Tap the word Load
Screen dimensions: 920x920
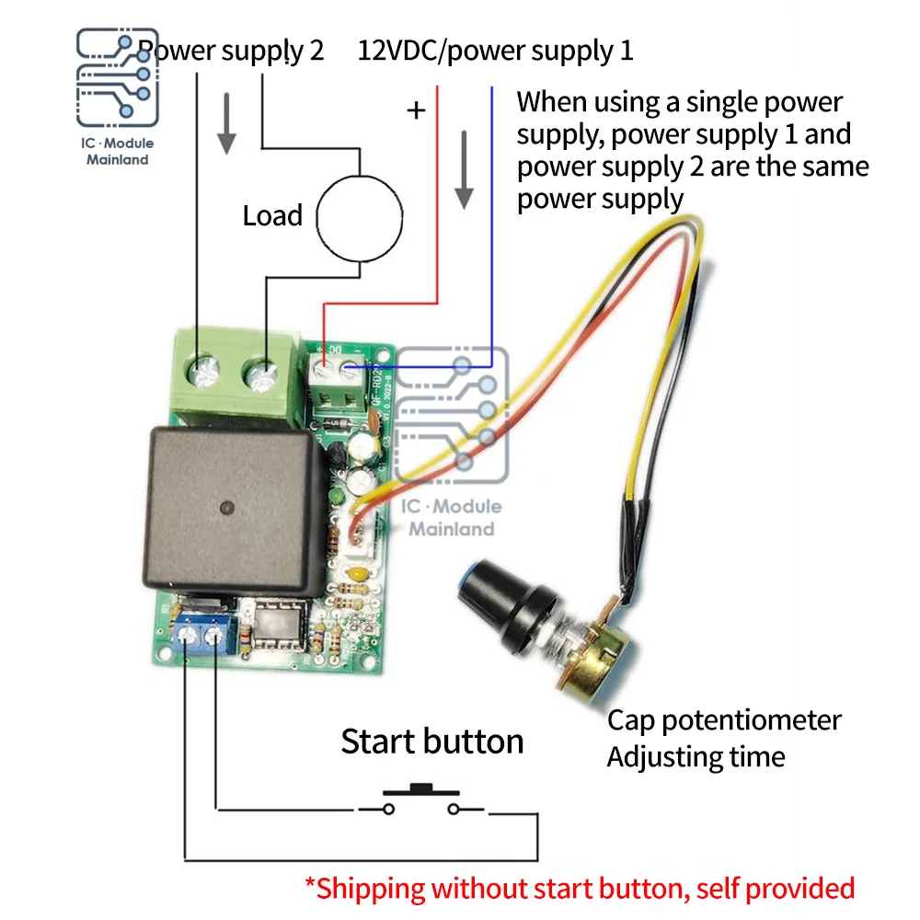pos(272,216)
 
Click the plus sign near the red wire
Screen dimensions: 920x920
pos(417,111)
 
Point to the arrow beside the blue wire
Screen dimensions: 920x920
pos(465,170)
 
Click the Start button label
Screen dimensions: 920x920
pos(431,742)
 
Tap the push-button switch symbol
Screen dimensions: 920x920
pos(421,800)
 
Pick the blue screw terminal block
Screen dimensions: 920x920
pos(201,631)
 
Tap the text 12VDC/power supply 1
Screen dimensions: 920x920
pos(495,50)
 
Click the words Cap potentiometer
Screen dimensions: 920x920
pos(724,719)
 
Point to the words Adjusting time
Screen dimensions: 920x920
pos(696,757)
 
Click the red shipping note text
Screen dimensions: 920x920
pos(580,888)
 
